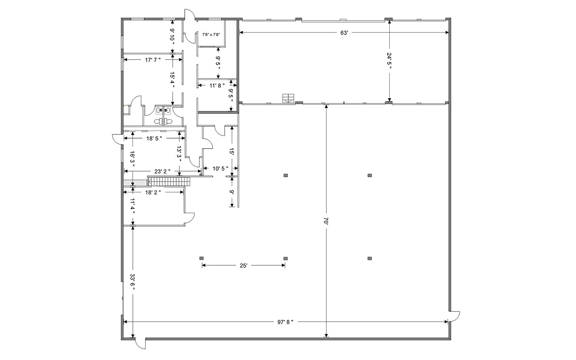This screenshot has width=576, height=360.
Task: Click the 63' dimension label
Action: pyautogui.click(x=344, y=33)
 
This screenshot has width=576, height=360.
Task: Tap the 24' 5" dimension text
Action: pyautogui.click(x=389, y=61)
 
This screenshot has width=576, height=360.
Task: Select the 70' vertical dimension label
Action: pyautogui.click(x=326, y=221)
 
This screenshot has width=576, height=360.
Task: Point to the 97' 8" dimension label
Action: pyautogui.click(x=285, y=322)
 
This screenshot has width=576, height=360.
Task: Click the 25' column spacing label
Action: pyautogui.click(x=243, y=266)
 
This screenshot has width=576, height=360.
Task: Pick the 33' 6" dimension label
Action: pyautogui.click(x=132, y=282)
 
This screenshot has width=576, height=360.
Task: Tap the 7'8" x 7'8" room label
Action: pyautogui.click(x=211, y=35)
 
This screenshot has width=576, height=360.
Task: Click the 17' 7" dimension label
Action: pyautogui.click(x=153, y=60)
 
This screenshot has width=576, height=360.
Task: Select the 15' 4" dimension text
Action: pyautogui.click(x=172, y=80)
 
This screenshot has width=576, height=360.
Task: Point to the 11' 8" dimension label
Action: pyautogui.click(x=217, y=85)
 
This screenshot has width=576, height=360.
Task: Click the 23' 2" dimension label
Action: pyautogui.click(x=162, y=172)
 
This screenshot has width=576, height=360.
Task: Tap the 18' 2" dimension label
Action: pyautogui.click(x=153, y=192)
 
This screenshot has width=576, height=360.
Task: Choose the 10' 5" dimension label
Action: pyautogui.click(x=220, y=168)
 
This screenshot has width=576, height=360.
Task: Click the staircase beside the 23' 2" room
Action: pyautogui.click(x=169, y=181)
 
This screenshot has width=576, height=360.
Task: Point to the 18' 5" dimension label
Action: pyautogui.click(x=154, y=138)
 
